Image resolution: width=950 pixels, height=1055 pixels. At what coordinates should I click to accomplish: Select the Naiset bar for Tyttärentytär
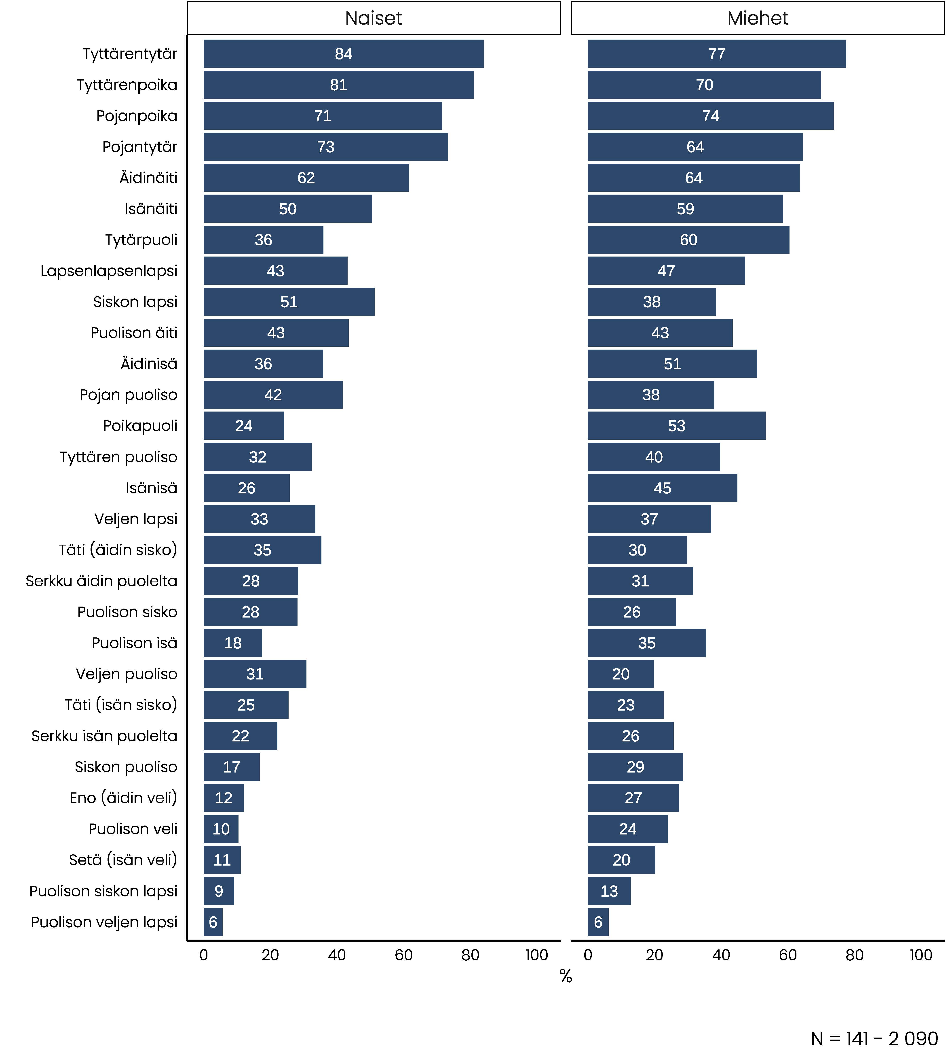tap(344, 54)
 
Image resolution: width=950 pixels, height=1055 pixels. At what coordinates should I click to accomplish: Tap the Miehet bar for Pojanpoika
tap(710, 116)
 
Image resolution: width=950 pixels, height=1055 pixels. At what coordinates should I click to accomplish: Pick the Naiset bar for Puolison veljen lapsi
tap(213, 922)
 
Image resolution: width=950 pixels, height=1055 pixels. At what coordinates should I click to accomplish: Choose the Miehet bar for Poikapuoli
tap(676, 426)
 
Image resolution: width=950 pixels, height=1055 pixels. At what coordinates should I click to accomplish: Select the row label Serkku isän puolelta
tap(104, 736)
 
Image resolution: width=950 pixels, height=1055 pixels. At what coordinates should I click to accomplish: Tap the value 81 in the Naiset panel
tap(338, 85)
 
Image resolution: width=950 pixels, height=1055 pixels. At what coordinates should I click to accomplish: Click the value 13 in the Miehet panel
tap(609, 891)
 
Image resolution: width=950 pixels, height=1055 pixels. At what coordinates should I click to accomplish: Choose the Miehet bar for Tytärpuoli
tap(688, 240)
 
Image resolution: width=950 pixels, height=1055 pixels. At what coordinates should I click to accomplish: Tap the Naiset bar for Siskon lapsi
tap(289, 302)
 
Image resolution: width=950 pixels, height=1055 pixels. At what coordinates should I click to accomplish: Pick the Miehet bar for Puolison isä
tap(647, 643)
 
